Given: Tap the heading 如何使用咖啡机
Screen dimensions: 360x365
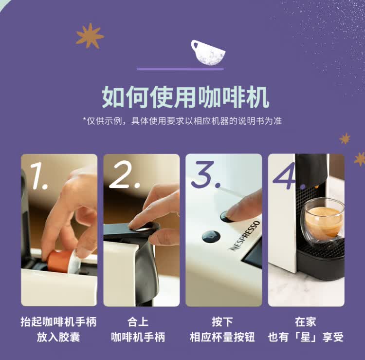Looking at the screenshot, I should (x=185, y=96).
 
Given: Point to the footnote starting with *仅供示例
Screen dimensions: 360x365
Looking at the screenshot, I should (x=182, y=120).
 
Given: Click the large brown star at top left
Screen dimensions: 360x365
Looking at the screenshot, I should (x=90, y=36).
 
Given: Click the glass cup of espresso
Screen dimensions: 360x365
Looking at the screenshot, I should (x=324, y=221).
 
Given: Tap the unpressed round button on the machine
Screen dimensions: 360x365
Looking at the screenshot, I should (x=211, y=236).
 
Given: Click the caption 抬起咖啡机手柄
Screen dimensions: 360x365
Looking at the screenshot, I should (x=58, y=322).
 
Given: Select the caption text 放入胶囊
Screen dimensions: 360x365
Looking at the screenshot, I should (x=58, y=337).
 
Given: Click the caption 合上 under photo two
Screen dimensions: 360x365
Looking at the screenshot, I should (x=138, y=322).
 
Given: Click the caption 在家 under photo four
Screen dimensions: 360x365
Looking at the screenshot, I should (x=306, y=322).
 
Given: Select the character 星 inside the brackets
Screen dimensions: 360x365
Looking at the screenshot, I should (x=306, y=337).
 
